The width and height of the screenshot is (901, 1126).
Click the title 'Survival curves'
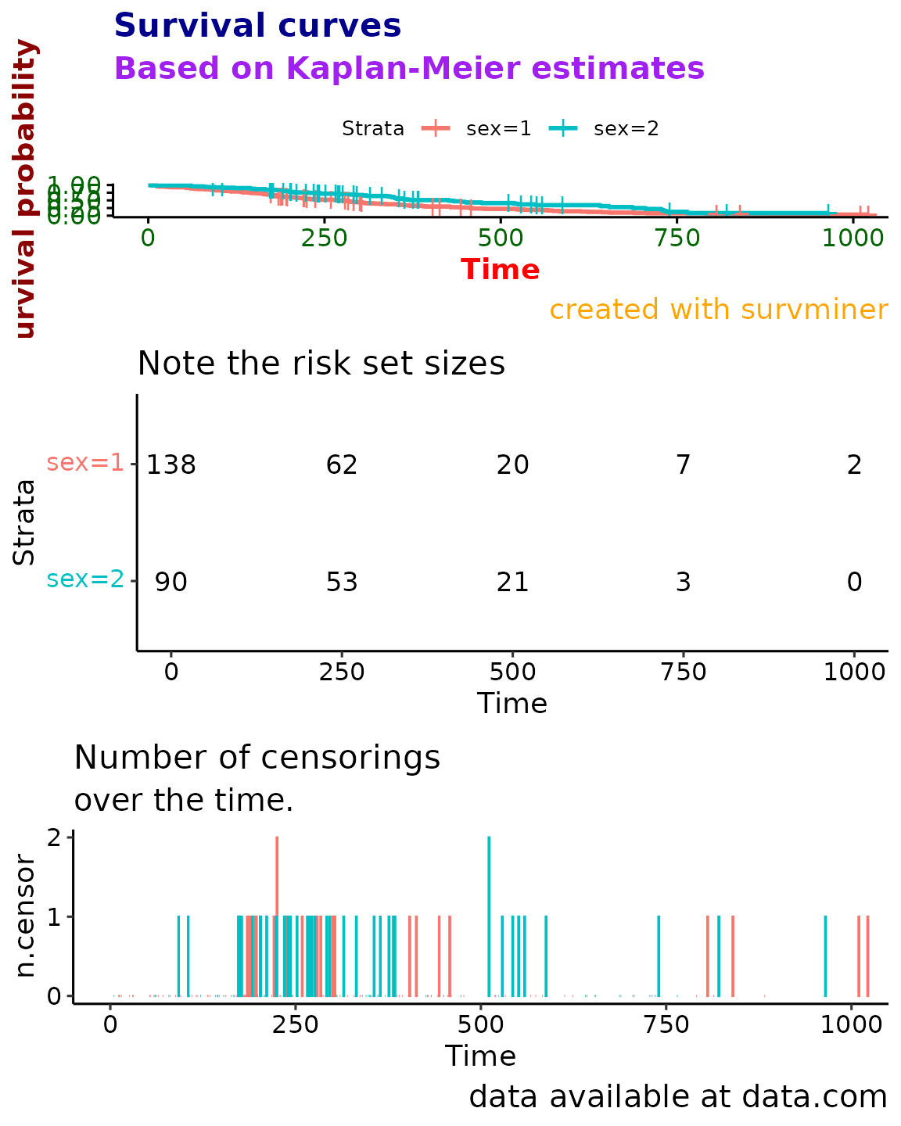tap(257, 26)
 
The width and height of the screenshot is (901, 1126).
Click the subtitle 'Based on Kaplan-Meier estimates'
tap(409, 69)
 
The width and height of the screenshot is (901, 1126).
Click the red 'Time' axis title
tap(500, 270)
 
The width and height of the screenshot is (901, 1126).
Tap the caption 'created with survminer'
tap(718, 310)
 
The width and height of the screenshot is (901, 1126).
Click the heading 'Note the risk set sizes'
tap(321, 364)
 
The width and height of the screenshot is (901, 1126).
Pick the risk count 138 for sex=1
tap(171, 465)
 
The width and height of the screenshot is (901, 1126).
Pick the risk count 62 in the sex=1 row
tap(342, 465)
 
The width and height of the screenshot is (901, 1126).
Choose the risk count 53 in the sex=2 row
tap(342, 583)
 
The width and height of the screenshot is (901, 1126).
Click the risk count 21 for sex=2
tap(512, 583)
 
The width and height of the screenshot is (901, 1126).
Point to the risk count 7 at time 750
tap(683, 465)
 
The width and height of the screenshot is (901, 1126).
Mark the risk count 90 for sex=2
tap(171, 583)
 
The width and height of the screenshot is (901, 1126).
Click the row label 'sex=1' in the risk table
tap(85, 463)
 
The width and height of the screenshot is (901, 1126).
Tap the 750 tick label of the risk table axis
tap(683, 672)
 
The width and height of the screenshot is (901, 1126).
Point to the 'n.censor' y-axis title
tap(26, 916)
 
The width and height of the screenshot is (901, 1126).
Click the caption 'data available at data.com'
tap(677, 1097)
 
